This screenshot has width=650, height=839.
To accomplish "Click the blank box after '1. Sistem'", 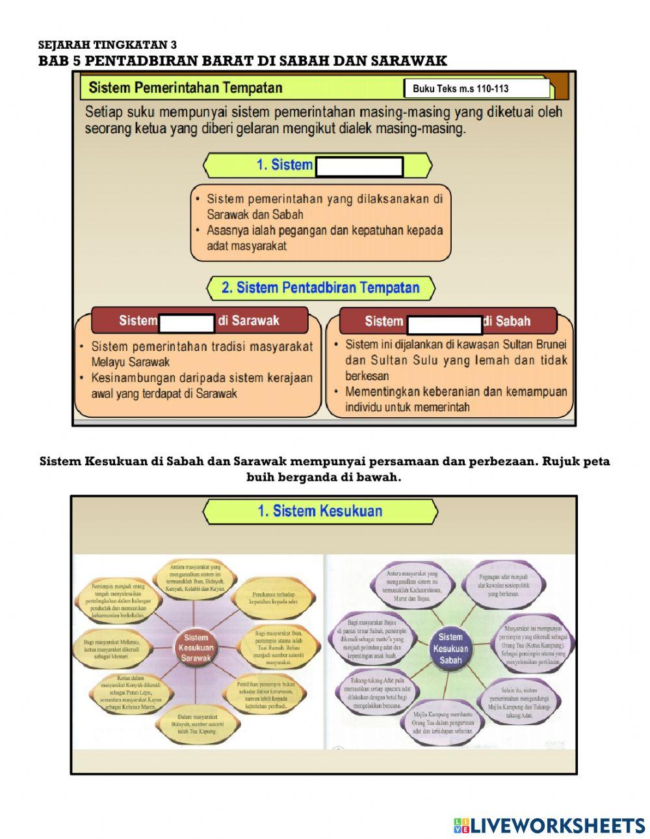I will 358,166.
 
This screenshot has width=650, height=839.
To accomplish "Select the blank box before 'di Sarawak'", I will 187,322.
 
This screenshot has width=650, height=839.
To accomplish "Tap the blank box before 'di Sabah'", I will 445,323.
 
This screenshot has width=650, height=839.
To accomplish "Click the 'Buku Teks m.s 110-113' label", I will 460,89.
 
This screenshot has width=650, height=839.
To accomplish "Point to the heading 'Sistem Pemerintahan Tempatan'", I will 185,88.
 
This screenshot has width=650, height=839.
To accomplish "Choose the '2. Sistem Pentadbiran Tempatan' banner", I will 320,288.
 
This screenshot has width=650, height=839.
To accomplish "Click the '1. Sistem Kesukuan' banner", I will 320,511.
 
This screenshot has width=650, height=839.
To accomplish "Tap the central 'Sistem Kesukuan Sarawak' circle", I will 196,648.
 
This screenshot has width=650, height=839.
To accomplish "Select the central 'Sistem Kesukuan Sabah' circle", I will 450,648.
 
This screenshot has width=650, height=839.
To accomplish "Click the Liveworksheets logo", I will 549,825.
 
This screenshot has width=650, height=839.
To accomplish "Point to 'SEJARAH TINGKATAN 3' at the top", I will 107,45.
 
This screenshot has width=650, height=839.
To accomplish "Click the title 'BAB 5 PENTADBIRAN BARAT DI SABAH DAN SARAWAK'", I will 242,61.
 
